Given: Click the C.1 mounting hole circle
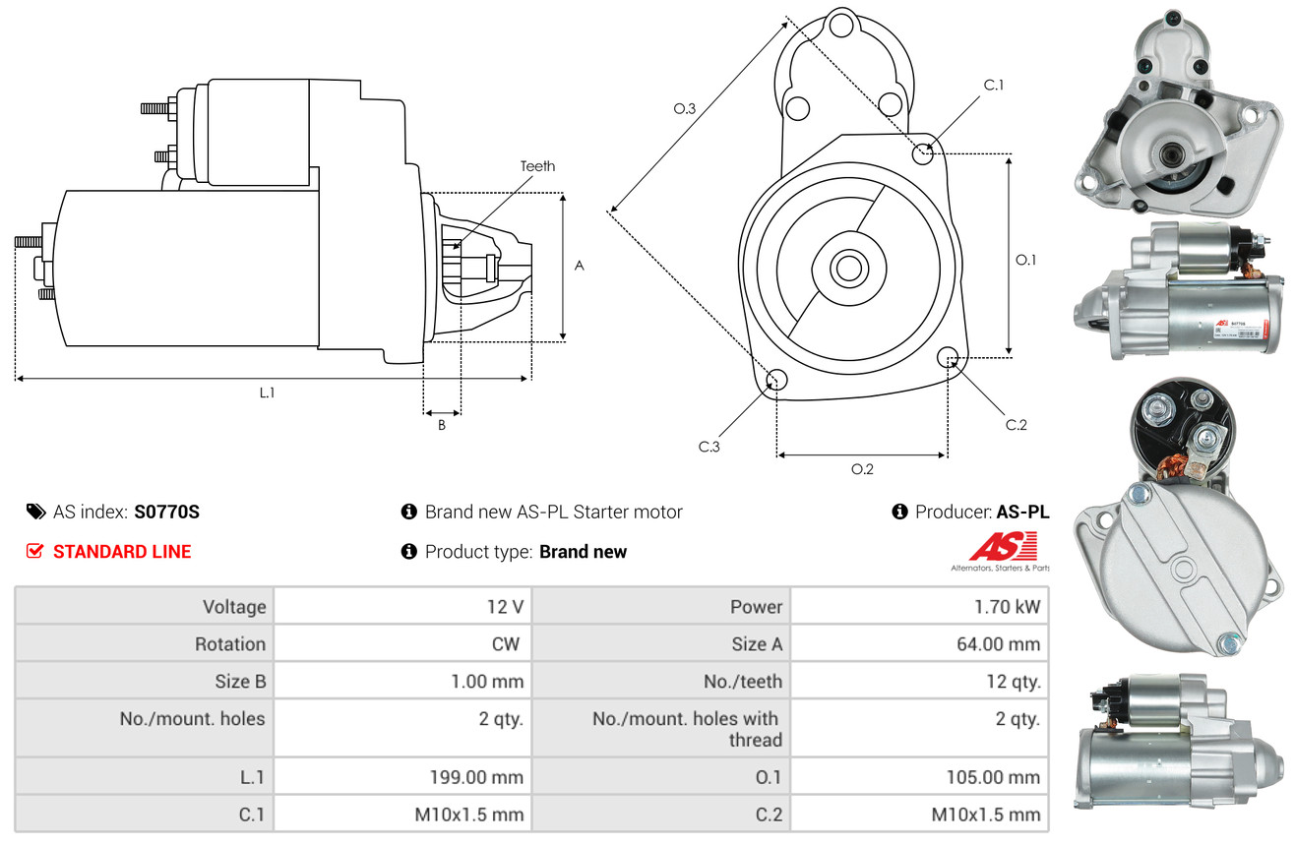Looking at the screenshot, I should pos(923,153).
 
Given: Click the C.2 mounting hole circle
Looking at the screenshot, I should pos(949,357).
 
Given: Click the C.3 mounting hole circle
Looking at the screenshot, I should pos(776,380).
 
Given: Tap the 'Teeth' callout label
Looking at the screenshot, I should pos(537,166).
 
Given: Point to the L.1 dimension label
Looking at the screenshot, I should pos(267,393).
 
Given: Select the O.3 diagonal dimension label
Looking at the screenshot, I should pos(685,109).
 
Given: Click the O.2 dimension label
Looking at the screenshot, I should pos(862,469).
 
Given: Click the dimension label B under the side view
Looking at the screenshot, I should pos(442,425).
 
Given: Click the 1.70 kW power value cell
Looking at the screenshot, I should pos(1008,607).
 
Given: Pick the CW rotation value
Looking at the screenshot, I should pos(507,644).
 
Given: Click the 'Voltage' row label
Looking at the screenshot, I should pos(234,607).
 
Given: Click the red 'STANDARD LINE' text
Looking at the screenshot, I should pos(122,552).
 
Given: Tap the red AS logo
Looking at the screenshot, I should pos(1004,546).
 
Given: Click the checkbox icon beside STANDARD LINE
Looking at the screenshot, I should pos(34,552).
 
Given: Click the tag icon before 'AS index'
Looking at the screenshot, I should pos(35,512).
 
